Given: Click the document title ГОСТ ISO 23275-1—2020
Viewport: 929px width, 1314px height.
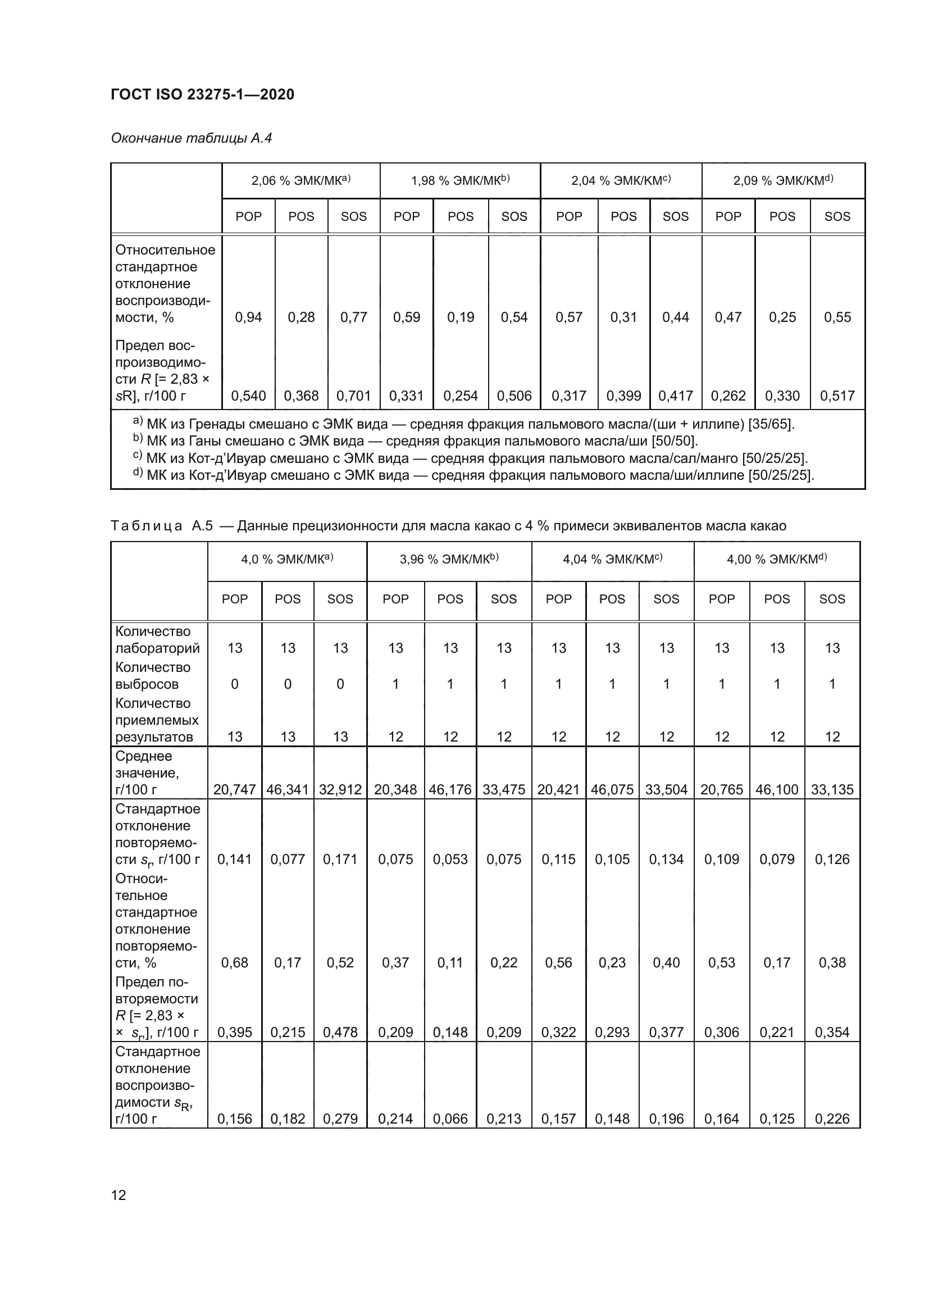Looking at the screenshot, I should coord(203,94).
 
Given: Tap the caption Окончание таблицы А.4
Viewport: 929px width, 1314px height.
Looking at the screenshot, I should coord(191,138).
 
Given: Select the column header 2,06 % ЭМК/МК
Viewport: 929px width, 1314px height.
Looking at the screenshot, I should coord(301,181).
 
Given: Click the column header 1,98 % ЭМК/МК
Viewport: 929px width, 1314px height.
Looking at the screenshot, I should coord(460,181).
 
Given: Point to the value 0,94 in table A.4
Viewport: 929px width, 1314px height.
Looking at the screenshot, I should coord(248,317).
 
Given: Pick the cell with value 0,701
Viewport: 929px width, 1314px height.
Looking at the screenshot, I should coord(353,395).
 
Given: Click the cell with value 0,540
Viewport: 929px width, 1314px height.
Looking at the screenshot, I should coord(248,395).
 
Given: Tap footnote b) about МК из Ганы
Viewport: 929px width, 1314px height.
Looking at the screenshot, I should coord(415,440).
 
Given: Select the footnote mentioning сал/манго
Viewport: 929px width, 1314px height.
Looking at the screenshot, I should coord(470,458).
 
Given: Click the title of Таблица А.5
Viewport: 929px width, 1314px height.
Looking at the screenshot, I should coord(448,525).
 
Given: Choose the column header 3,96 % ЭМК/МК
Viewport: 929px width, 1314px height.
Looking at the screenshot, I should coord(449,559).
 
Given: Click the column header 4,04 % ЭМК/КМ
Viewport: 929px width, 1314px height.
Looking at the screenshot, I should coord(612,559).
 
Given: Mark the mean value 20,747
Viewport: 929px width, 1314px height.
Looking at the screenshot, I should coord(235,790).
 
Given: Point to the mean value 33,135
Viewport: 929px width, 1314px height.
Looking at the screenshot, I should coord(832,790).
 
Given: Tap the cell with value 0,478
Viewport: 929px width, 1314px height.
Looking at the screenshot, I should coord(340,1033).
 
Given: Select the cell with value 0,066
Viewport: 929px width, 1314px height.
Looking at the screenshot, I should coord(450,1119).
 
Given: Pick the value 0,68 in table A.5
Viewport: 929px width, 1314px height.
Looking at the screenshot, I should coord(235,963).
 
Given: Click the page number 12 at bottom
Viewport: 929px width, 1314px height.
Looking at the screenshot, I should coord(119,1195).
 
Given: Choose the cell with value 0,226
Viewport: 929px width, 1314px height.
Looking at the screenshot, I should coord(832,1119).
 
